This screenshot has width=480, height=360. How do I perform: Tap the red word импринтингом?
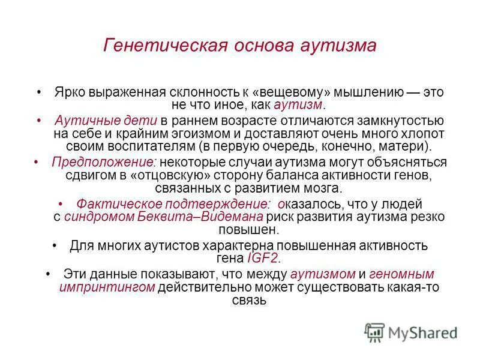pyautogui.click(x=107, y=287)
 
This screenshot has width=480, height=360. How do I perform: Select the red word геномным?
pyautogui.click(x=401, y=274)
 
